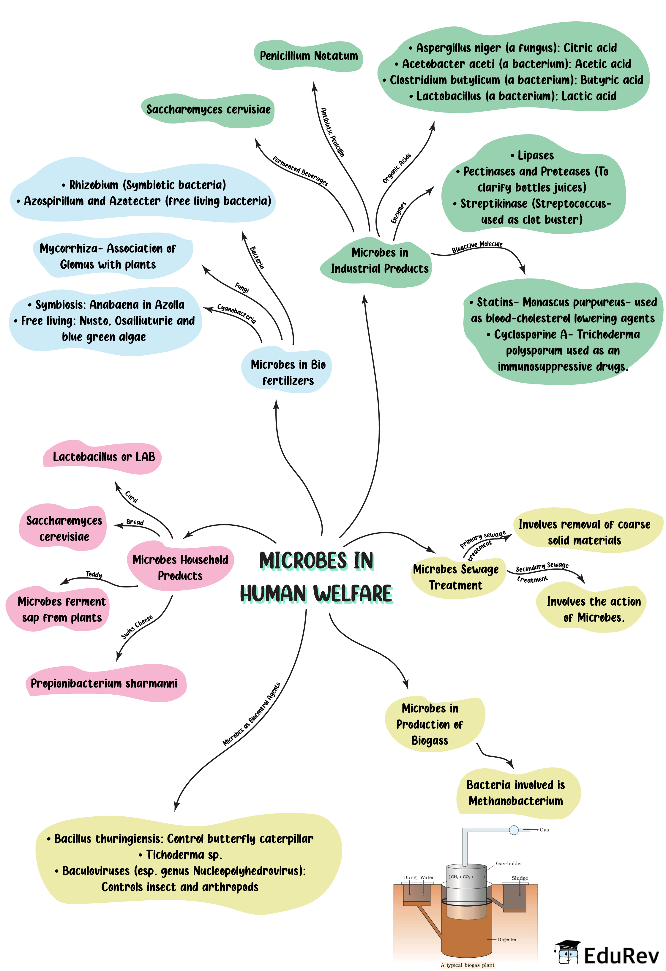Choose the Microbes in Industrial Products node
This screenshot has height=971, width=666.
tap(379, 260)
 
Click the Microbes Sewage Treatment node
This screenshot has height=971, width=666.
tap(456, 577)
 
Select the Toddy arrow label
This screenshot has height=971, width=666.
tap(94, 574)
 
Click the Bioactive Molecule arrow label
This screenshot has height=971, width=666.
tap(477, 246)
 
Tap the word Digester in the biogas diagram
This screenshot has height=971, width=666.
tap(507, 939)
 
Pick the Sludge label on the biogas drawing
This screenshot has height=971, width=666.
tap(519, 878)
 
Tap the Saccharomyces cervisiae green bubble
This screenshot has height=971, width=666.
tap(208, 110)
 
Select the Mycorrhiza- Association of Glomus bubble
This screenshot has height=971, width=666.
tap(108, 256)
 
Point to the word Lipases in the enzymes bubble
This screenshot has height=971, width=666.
tap(535, 156)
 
